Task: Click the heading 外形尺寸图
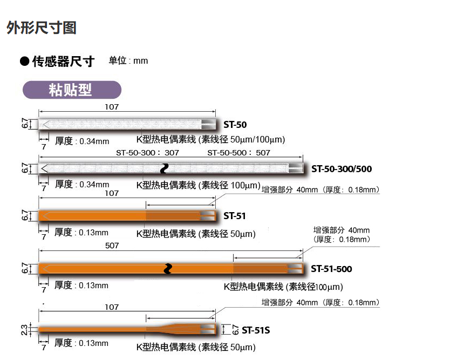42,28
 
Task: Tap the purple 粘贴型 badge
72,90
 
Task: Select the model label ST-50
235,125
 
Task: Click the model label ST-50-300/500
341,169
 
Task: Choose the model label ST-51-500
331,269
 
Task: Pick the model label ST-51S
256,329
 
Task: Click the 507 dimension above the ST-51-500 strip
112,246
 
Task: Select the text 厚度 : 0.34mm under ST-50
82,141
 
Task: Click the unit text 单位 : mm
128,61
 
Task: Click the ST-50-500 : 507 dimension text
238,153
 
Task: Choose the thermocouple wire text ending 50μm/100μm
210,140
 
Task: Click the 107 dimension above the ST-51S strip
112,307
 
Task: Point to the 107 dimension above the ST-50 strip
112,107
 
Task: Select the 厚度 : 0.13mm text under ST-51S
82,343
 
